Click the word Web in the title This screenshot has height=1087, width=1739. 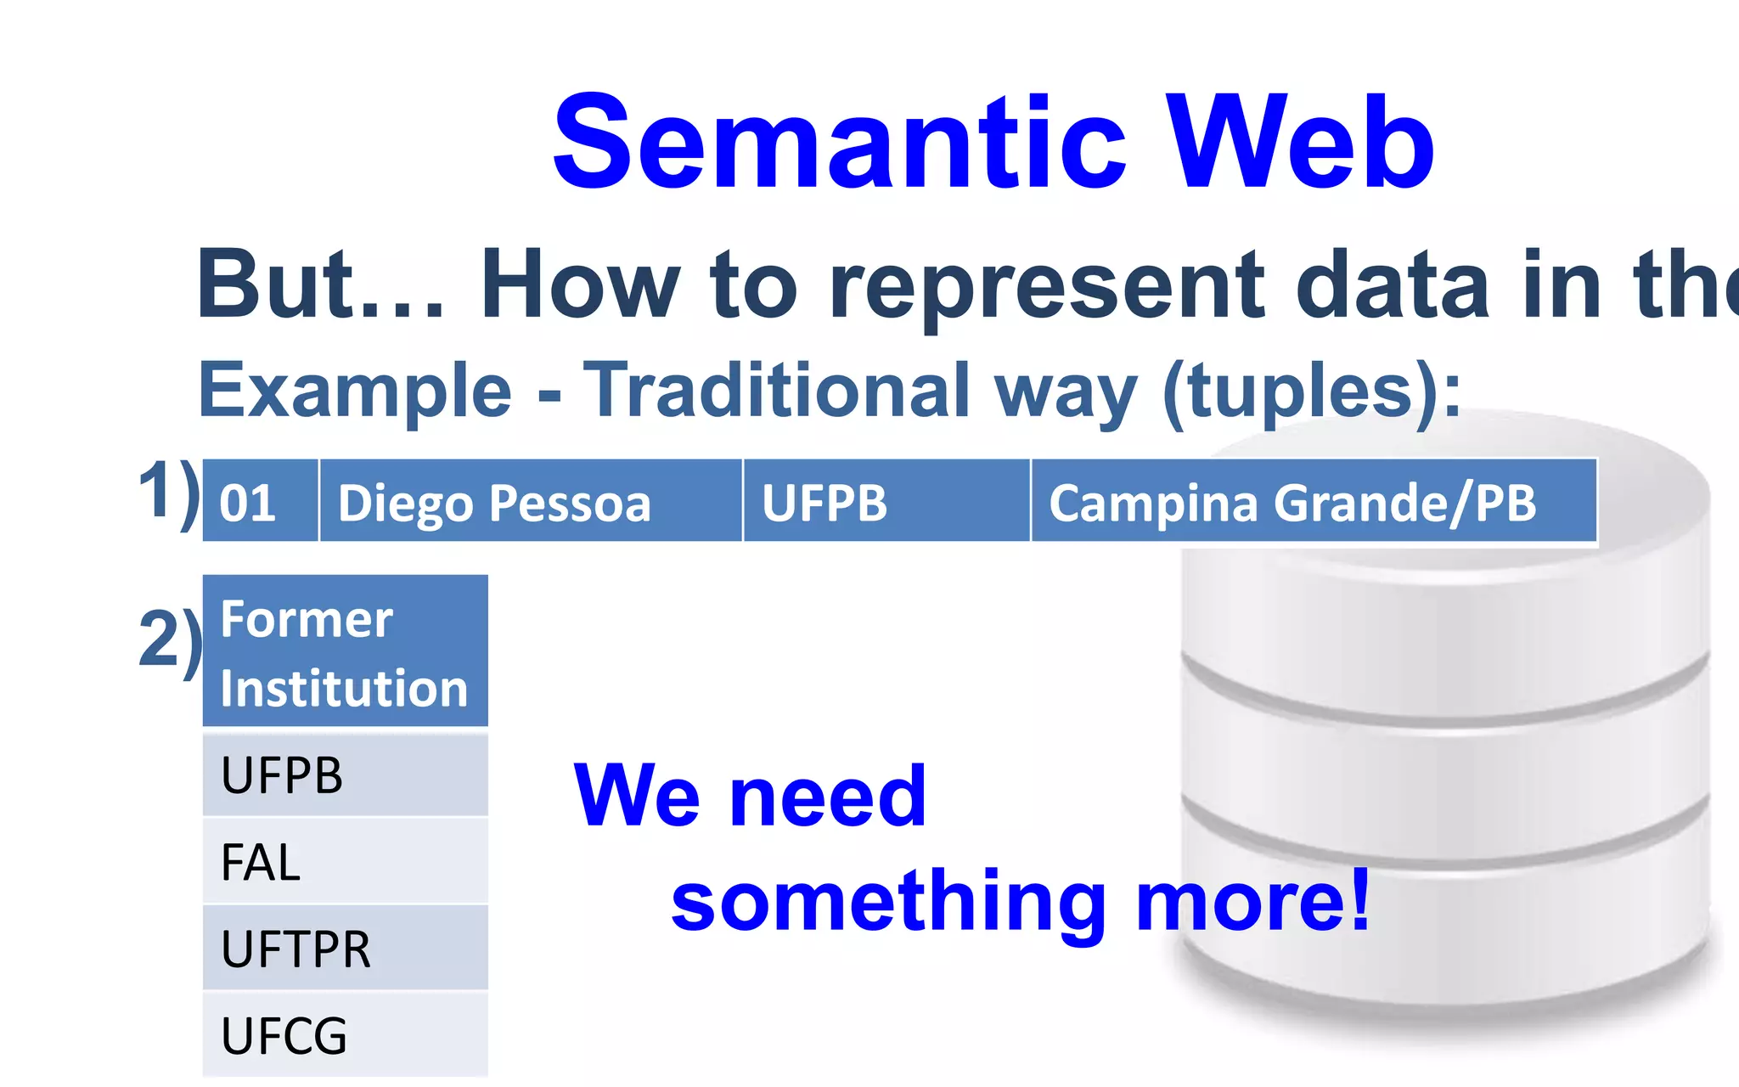pyautogui.click(x=1299, y=143)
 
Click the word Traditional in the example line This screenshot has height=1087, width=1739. pyautogui.click(x=777, y=391)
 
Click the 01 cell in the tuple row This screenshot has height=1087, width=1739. pyautogui.click(x=259, y=502)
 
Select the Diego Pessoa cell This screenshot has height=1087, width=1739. pyautogui.click(x=530, y=502)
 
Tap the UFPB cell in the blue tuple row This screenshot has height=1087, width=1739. pyautogui.click(x=886, y=502)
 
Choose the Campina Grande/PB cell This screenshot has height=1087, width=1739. pyautogui.click(x=1313, y=502)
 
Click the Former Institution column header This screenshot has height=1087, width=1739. pyautogui.click(x=345, y=652)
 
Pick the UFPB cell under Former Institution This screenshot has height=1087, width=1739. pyautogui.click(x=345, y=774)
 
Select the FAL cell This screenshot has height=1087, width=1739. pyautogui.click(x=345, y=862)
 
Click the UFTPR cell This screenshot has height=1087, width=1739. pyautogui.click(x=345, y=949)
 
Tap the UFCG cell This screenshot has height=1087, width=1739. pyautogui.click(x=345, y=1035)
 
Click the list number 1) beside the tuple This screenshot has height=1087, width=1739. pyautogui.click(x=169, y=492)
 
